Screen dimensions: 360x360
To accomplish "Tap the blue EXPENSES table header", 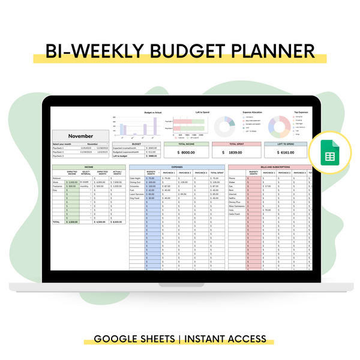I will (177, 167).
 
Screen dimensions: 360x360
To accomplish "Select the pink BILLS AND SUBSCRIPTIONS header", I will (270, 167).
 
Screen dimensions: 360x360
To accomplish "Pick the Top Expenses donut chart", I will (278, 125).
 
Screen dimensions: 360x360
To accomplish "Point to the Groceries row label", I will (136, 186).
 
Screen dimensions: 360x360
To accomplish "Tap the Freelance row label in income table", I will (58, 186).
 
